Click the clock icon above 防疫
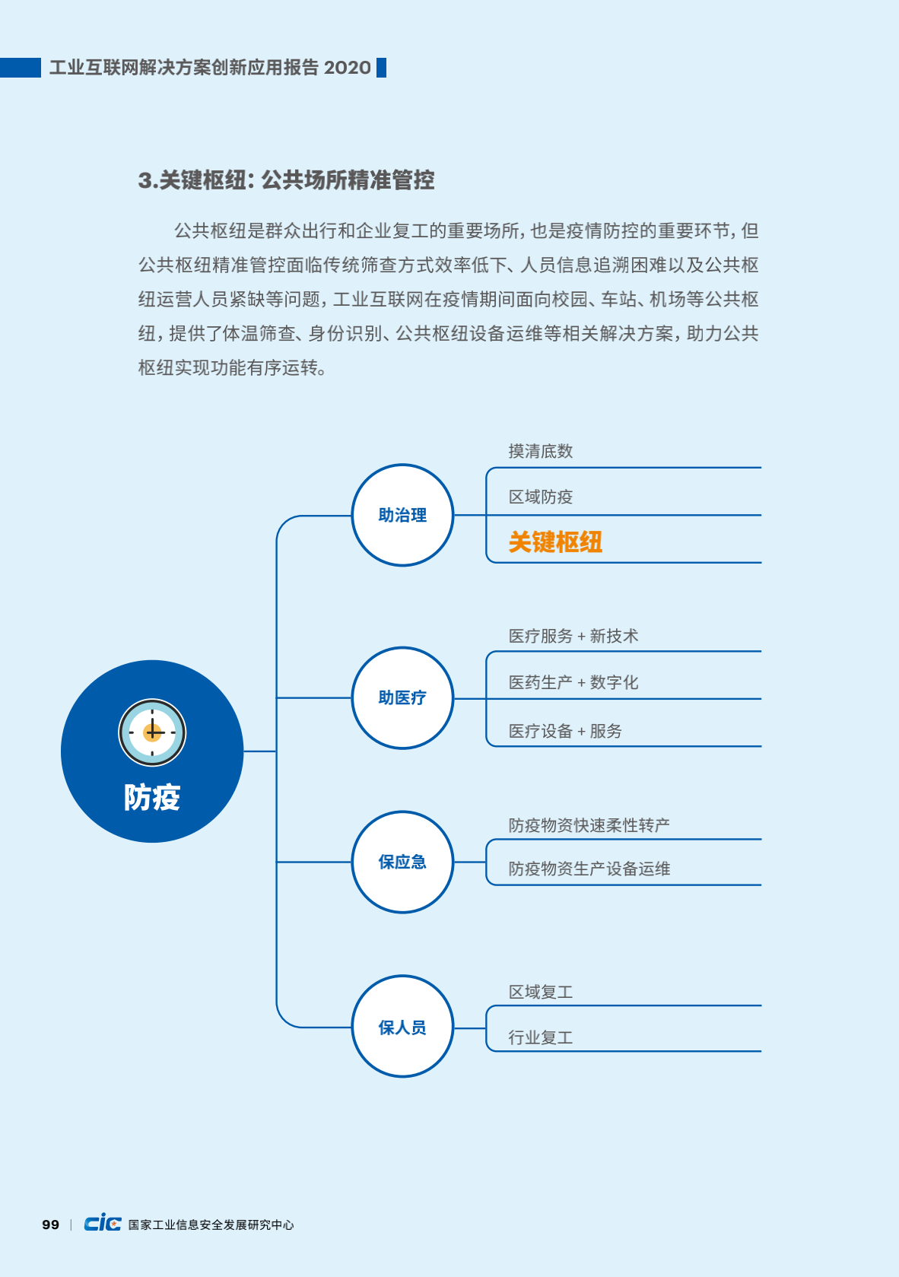pyautogui.click(x=152, y=732)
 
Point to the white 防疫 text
pyautogui.click(x=152, y=797)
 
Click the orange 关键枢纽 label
pyautogui.click(x=555, y=542)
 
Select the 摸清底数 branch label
pyautogui.click(x=541, y=451)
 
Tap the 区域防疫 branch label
pyautogui.click(x=541, y=497)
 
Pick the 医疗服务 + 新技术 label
pyautogui.click(x=573, y=636)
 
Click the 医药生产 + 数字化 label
pyautogui.click(x=573, y=681)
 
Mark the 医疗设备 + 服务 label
pyautogui.click(x=565, y=730)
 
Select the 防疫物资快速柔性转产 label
pyautogui.click(x=589, y=825)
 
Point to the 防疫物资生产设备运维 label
pyautogui.click(x=589, y=869)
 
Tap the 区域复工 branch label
pyautogui.click(x=541, y=992)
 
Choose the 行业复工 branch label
pyautogui.click(x=541, y=1037)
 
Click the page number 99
pyautogui.click(x=51, y=1225)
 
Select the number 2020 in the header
pyautogui.click(x=347, y=67)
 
